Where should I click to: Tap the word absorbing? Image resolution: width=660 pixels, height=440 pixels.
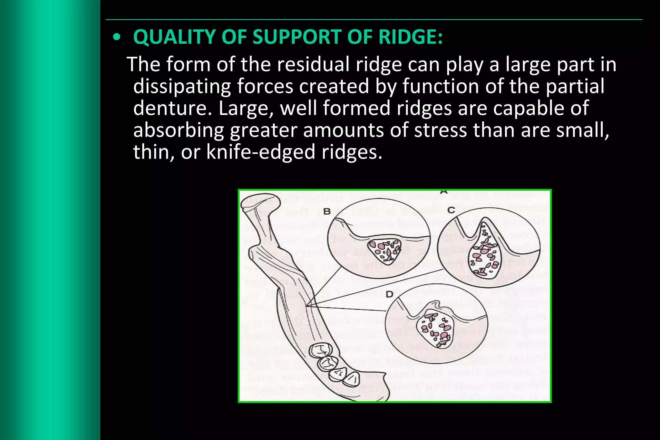(178, 130)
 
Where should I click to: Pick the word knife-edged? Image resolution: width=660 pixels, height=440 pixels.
(260, 152)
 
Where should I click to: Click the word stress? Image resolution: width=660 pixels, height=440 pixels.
(440, 130)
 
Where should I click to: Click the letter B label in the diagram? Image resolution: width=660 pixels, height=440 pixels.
(327, 212)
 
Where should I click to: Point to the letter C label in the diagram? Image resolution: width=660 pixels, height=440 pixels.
(451, 210)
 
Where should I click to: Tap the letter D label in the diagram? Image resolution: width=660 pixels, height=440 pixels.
(389, 294)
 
